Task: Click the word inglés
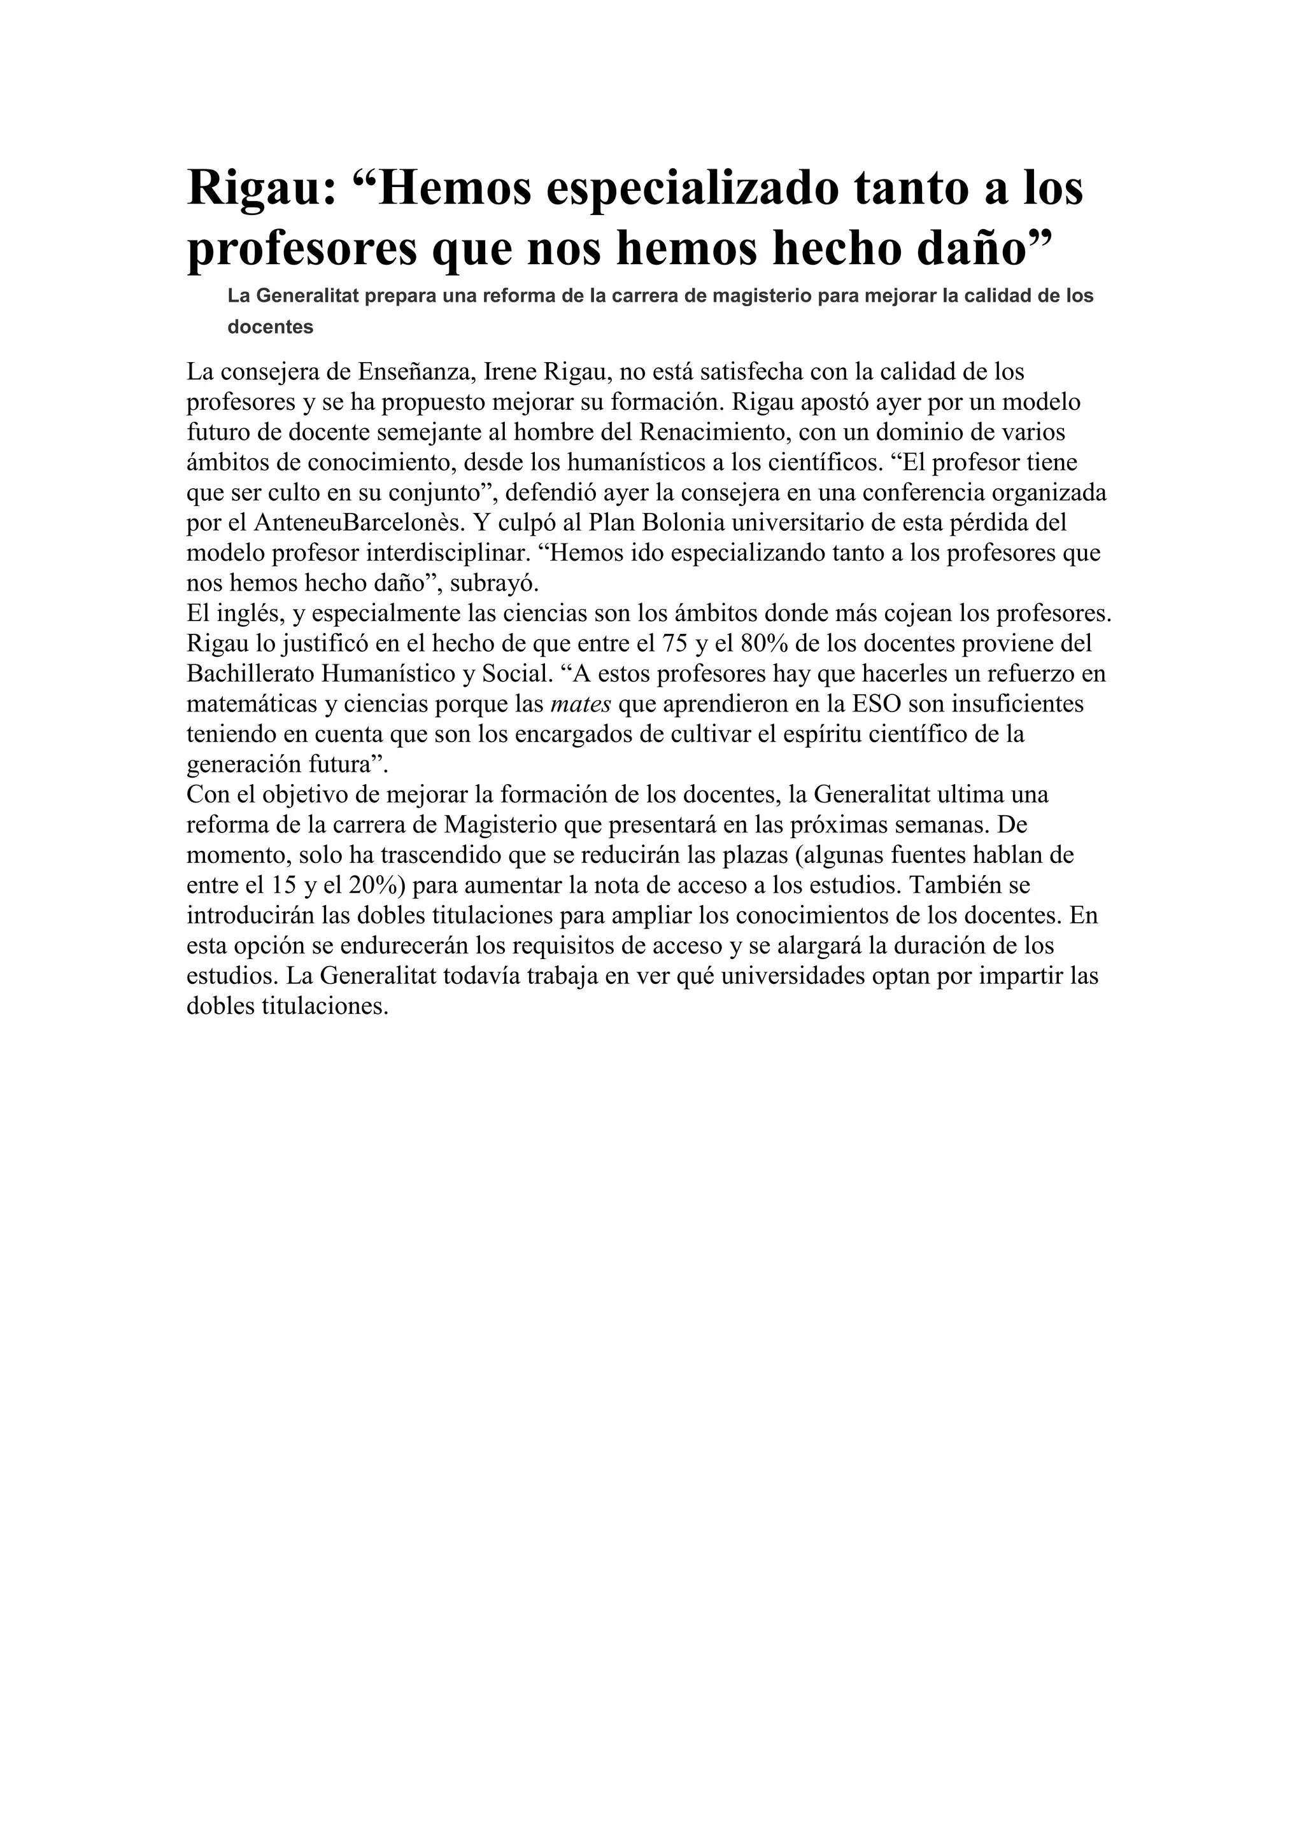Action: pos(246,614)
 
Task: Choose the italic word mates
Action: pos(581,704)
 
